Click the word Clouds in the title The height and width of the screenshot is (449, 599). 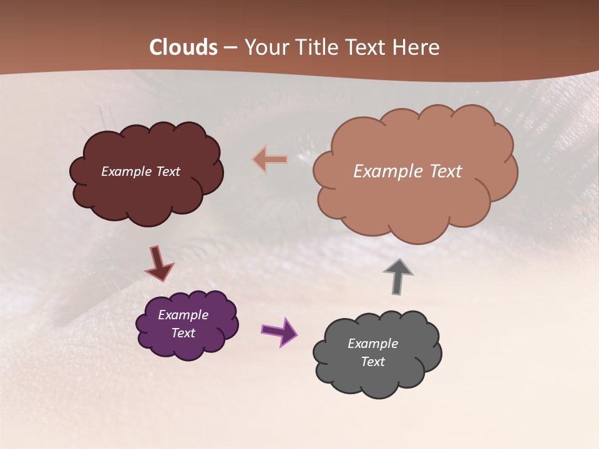click(183, 47)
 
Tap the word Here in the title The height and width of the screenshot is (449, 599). click(417, 47)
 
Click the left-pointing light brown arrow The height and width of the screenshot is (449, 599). click(270, 160)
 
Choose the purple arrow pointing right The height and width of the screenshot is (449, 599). click(278, 331)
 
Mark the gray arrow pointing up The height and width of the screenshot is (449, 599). click(398, 276)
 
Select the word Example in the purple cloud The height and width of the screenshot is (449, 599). click(183, 315)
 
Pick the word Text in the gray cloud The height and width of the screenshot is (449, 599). click(373, 362)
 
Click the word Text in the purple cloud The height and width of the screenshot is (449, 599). click(183, 333)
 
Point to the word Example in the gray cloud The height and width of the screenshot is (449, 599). click(373, 344)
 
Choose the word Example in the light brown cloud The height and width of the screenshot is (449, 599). click(386, 171)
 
